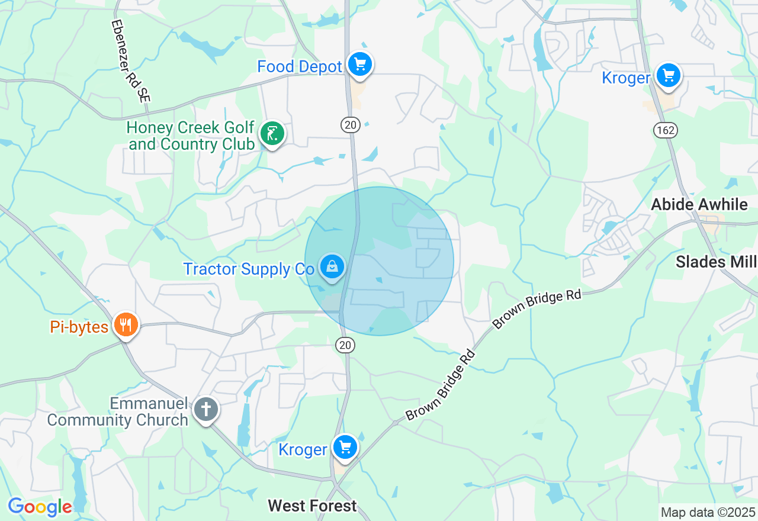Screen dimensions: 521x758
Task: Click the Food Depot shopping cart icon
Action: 359,64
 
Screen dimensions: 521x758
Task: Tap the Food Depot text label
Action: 300,66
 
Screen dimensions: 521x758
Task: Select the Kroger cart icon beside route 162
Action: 669,76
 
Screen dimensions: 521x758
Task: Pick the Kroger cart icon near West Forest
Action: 345,447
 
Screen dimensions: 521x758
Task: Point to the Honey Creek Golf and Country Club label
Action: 191,136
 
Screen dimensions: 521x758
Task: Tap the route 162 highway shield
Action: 666,130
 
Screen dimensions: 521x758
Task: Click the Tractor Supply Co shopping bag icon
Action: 332,267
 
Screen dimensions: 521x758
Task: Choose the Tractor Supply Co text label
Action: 249,269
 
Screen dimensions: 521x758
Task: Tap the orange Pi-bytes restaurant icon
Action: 126,325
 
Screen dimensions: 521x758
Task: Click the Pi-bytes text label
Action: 79,327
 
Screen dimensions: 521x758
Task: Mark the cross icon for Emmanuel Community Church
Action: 206,409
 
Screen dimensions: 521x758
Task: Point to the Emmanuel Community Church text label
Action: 117,412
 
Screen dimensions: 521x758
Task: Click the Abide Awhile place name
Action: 699,205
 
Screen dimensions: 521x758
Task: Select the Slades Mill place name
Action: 716,262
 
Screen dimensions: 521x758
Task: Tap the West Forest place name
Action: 312,506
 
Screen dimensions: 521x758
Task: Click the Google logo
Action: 40,507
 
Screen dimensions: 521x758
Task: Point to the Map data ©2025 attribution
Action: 708,512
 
